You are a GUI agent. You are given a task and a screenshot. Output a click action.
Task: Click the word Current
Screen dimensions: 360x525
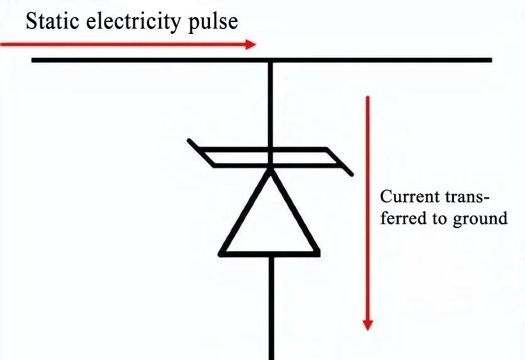[406, 197]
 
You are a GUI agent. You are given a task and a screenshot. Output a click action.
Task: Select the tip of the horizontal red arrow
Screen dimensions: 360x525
[256, 44]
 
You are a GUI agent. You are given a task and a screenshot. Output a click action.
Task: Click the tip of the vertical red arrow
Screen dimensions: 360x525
[368, 330]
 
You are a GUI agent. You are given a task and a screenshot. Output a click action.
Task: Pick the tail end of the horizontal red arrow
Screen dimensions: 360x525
[2, 44]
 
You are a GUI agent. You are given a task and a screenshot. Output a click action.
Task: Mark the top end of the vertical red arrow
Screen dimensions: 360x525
[368, 97]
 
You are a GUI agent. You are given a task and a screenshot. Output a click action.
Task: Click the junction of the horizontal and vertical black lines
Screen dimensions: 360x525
[271, 60]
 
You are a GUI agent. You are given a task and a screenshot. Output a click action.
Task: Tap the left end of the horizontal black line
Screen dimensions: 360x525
[33, 60]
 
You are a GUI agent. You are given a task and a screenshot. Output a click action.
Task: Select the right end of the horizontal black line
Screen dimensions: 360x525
[490, 60]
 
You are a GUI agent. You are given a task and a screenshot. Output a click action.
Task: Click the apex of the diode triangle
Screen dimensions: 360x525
[271, 170]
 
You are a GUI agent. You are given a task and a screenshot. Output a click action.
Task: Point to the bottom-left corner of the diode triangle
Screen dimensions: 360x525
[221, 254]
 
